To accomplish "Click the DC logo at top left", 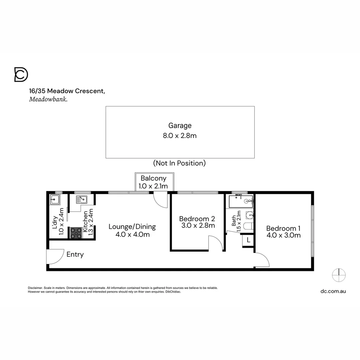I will pyautogui.click(x=21, y=75).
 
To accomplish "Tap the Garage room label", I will pyautogui.click(x=180, y=126).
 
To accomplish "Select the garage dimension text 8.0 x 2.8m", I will pyautogui.click(x=180, y=136).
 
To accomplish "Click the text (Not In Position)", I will pyautogui.click(x=179, y=163).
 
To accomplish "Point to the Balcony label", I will pyautogui.click(x=153, y=178).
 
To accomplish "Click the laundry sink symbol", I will pyautogui.click(x=54, y=200).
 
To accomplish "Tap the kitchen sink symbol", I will pyautogui.click(x=81, y=200).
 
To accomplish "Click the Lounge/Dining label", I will pyautogui.click(x=132, y=227).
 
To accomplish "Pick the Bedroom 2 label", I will pyautogui.click(x=197, y=219).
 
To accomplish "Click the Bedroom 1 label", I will pyautogui.click(x=283, y=228).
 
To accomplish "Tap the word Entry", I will pyautogui.click(x=75, y=255).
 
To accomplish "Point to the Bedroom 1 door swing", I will pyautogui.click(x=262, y=259).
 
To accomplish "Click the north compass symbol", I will pyautogui.click(x=339, y=275).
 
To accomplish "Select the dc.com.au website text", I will pyautogui.click(x=333, y=291).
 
